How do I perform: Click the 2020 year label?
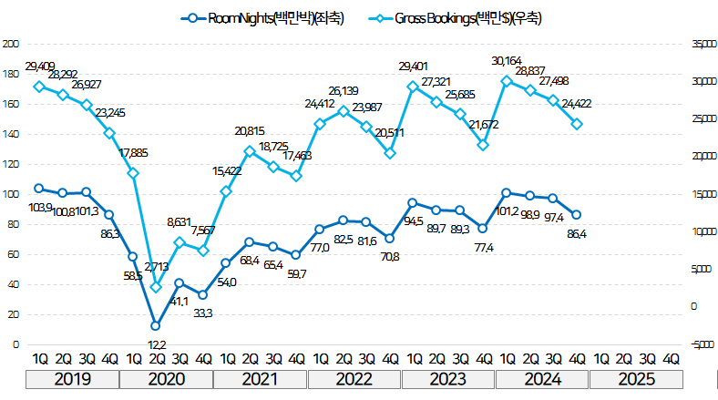[165, 378]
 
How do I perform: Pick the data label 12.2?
[156, 344]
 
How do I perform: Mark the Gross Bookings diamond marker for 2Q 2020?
[156, 287]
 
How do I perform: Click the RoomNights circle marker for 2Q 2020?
[156, 325]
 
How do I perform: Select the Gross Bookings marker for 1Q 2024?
[507, 80]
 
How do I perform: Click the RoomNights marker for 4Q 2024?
[577, 215]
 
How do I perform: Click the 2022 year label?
[354, 378]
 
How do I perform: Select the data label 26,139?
[343, 91]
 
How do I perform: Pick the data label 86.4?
[578, 235]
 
